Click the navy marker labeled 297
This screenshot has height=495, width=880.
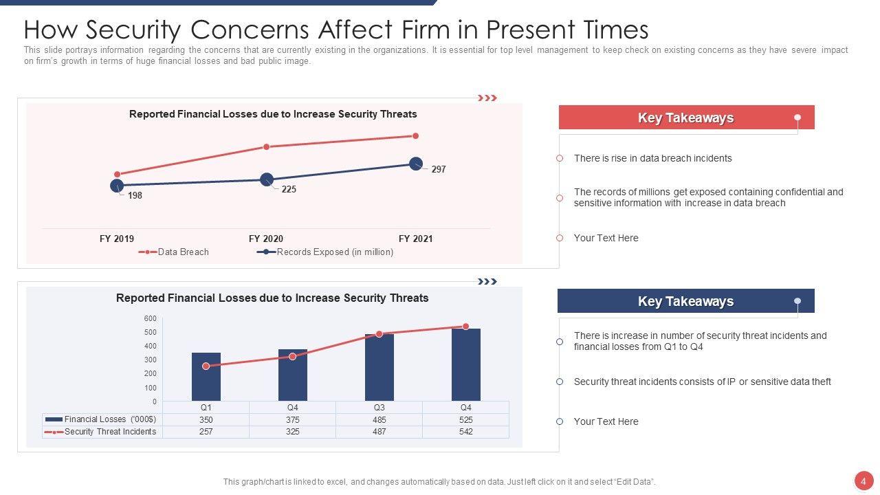(x=416, y=164)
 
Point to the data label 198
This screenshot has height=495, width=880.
(x=135, y=196)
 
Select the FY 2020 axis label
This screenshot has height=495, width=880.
(x=266, y=239)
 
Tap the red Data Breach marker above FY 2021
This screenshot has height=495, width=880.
(x=415, y=136)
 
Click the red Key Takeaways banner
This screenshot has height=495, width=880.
(x=685, y=118)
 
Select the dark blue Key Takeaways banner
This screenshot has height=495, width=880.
(x=685, y=301)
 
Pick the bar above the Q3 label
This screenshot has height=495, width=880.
(x=379, y=367)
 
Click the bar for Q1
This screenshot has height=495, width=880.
(x=206, y=377)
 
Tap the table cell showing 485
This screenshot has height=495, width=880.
(x=379, y=420)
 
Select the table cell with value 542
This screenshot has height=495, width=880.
(x=465, y=432)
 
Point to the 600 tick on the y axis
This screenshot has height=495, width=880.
(x=151, y=318)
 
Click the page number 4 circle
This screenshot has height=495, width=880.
(x=863, y=481)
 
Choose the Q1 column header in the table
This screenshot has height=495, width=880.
(x=206, y=408)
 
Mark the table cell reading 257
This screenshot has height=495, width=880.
(x=206, y=432)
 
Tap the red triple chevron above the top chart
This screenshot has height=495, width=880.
(x=487, y=98)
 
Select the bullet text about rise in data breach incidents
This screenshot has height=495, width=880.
(x=652, y=159)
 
